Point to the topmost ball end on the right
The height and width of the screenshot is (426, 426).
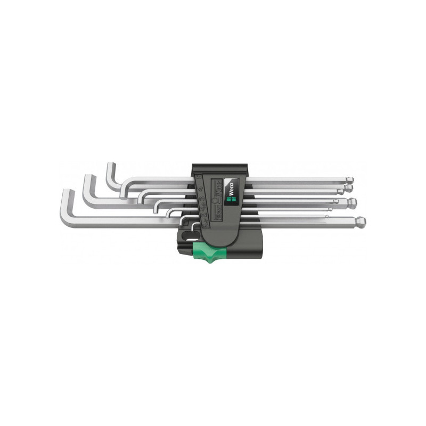click(348, 179)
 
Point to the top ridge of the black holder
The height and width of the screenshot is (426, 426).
click(218, 167)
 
